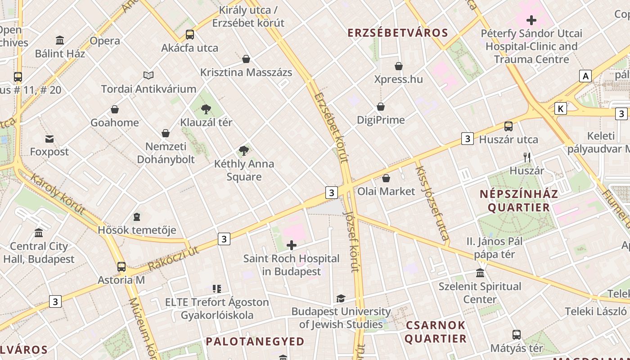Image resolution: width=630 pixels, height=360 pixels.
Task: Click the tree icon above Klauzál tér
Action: (206, 108)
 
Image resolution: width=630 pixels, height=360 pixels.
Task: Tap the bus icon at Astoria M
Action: (121, 266)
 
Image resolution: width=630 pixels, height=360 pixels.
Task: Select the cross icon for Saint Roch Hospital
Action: (292, 245)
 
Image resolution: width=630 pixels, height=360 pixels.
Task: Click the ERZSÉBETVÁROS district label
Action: (398, 33)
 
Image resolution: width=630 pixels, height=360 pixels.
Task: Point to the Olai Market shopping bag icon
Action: (386, 178)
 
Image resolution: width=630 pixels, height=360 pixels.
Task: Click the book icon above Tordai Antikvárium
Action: (148, 75)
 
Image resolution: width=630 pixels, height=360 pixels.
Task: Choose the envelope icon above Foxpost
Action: (49, 139)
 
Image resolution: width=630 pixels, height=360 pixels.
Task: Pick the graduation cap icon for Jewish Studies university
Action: (341, 298)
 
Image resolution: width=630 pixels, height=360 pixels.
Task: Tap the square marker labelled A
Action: (585, 76)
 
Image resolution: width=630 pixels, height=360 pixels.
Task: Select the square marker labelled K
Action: (560, 108)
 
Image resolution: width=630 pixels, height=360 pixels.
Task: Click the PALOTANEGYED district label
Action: (255, 342)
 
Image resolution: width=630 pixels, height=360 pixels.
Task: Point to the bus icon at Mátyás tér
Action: (517, 335)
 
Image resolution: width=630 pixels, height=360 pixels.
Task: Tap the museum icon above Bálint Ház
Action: (60, 40)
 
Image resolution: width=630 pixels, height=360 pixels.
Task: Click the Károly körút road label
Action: (58, 193)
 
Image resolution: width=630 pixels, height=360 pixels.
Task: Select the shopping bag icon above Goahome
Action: (115, 109)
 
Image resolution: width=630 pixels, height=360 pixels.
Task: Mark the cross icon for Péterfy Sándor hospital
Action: (531, 20)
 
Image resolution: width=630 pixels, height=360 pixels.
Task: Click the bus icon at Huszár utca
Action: (508, 126)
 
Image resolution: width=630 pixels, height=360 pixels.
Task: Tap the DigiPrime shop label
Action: (381, 120)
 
